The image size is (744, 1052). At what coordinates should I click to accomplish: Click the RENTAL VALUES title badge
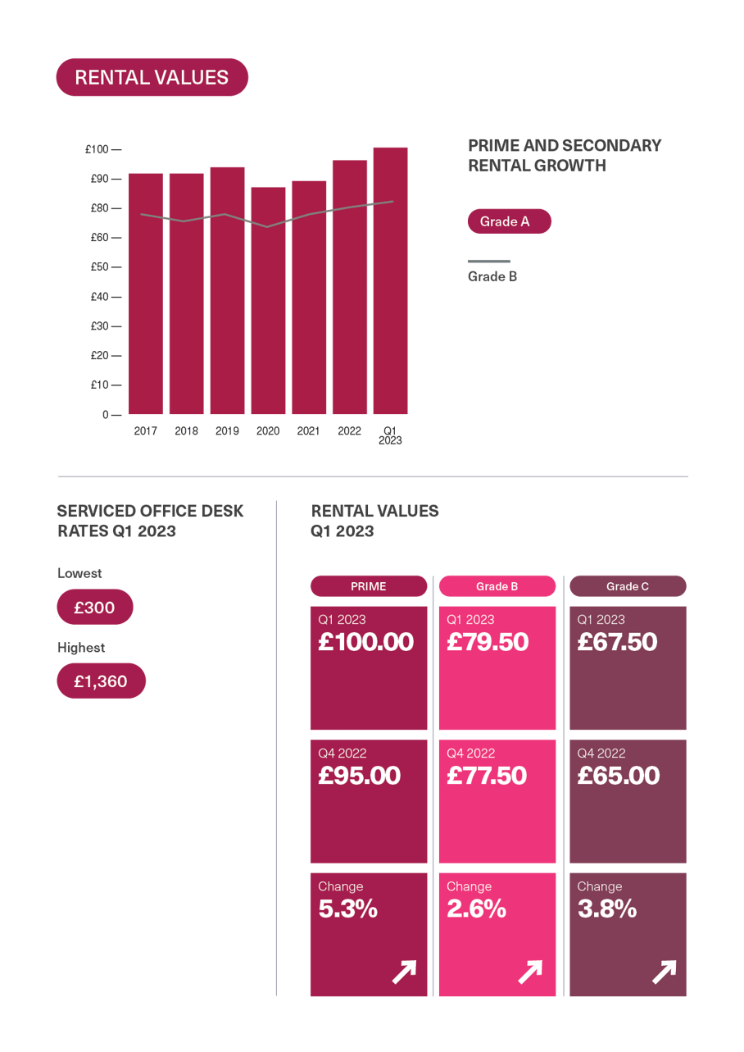pyautogui.click(x=152, y=77)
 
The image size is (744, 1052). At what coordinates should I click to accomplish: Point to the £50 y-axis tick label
pyautogui.click(x=99, y=267)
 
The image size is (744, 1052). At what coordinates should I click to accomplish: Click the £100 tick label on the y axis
pyautogui.click(x=97, y=149)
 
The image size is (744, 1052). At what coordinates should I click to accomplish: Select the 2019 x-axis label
pyautogui.click(x=227, y=431)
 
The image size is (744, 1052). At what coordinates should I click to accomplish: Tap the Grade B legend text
pyautogui.click(x=492, y=276)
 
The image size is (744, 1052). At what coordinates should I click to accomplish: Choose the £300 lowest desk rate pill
pyautogui.click(x=95, y=608)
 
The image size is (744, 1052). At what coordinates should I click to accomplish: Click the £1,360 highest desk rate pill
pyautogui.click(x=101, y=681)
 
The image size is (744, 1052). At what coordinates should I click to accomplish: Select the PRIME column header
pyautogui.click(x=368, y=586)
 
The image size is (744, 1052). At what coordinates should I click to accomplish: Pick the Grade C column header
pyautogui.click(x=628, y=586)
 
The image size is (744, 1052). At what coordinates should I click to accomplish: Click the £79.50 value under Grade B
pyautogui.click(x=488, y=642)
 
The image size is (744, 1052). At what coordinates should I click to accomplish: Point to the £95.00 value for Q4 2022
pyautogui.click(x=360, y=776)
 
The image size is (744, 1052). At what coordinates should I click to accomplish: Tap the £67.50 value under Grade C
pyautogui.click(x=617, y=642)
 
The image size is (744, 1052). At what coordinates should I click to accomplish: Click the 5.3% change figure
pyautogui.click(x=348, y=909)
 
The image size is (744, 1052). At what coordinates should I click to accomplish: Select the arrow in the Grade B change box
pyautogui.click(x=530, y=972)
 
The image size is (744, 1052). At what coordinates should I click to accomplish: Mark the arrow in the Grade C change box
pyautogui.click(x=664, y=972)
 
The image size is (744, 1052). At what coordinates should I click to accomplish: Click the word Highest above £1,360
pyautogui.click(x=81, y=648)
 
